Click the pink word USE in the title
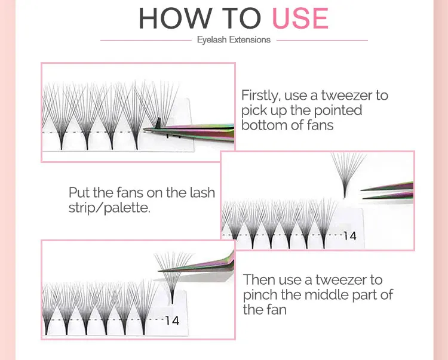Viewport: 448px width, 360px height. point(300,19)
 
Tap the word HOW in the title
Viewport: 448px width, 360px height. point(176,19)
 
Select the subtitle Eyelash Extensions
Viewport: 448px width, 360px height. point(234,39)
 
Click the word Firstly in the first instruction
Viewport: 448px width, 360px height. point(259,96)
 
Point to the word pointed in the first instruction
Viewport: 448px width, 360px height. point(338,110)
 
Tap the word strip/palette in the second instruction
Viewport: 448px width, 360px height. point(109,208)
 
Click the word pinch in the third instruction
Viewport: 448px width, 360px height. point(260,295)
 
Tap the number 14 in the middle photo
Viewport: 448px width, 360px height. point(350,236)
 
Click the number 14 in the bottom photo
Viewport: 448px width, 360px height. point(173,321)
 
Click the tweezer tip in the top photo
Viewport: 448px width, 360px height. point(144,130)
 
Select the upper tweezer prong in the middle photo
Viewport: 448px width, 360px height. point(387,187)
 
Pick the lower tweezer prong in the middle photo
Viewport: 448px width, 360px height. point(388,196)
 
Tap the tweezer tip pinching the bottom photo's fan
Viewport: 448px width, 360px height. point(159,270)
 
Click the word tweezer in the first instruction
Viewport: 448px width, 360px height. point(346,96)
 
